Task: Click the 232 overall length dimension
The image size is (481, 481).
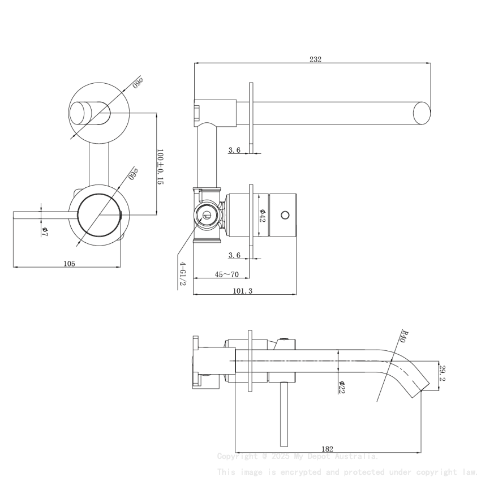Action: pos(315,59)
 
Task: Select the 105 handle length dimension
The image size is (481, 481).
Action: pos(69,263)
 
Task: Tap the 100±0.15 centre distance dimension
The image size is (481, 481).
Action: pos(160,167)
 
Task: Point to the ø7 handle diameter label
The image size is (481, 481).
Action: pos(45,230)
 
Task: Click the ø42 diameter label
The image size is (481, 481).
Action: pos(263,215)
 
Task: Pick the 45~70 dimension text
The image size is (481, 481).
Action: pos(226,274)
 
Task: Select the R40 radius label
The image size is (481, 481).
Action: pos(402,336)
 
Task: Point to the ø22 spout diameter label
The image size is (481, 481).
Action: pos(342,386)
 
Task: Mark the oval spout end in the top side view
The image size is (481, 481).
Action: pos(422,113)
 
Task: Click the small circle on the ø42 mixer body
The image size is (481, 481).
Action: pos(285,215)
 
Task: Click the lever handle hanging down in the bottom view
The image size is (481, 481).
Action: pos(284,413)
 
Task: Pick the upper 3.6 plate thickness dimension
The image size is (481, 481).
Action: pos(234,150)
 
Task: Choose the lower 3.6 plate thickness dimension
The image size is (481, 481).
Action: pos(234,256)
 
